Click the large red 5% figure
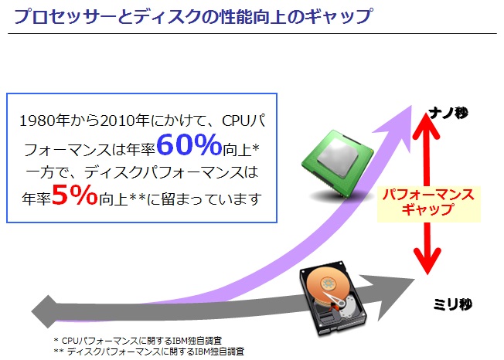coord(75,197)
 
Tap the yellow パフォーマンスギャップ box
coord(429,202)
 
